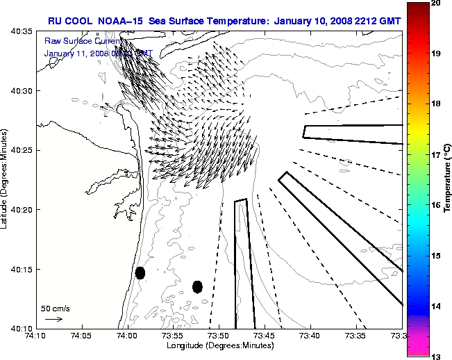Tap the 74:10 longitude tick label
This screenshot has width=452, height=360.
point(37,336)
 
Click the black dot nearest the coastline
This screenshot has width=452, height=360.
point(140,272)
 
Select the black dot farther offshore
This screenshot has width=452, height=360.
point(197,286)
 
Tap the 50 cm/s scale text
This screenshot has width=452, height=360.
point(56,308)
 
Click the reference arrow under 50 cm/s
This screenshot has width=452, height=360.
point(53,319)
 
